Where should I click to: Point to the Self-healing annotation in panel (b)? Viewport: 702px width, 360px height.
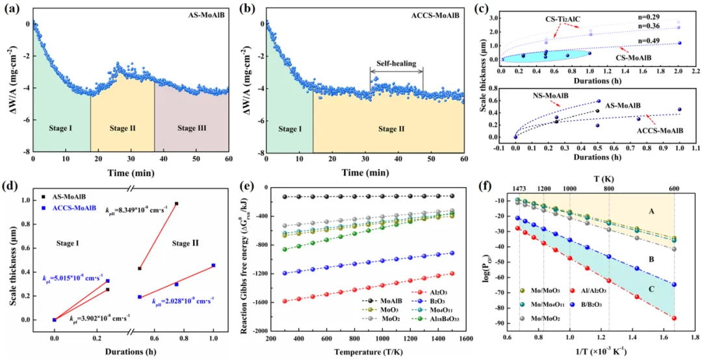396,64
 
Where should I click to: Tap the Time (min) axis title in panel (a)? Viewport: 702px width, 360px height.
131,174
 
